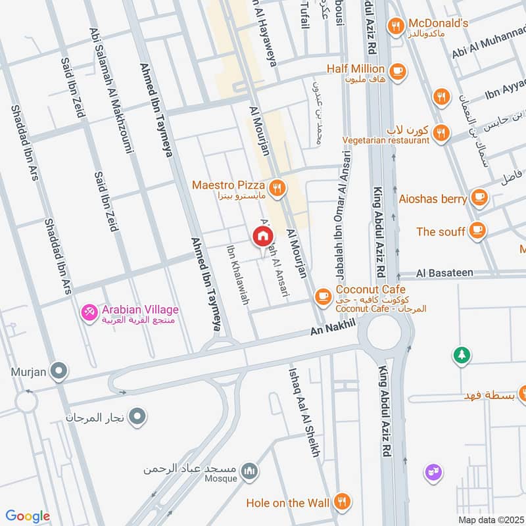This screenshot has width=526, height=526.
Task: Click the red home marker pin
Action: tap(262, 236)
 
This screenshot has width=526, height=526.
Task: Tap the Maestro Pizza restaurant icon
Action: tap(279, 187)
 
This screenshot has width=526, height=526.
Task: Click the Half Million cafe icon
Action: tap(397, 70)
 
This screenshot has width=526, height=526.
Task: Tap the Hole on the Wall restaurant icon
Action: tap(341, 502)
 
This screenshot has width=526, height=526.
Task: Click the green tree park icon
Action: tap(462, 356)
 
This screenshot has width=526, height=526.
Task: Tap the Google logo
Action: tap(27, 516)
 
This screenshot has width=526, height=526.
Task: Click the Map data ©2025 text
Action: tap(490, 520)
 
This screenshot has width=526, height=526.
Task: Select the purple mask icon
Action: tap(433, 471)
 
